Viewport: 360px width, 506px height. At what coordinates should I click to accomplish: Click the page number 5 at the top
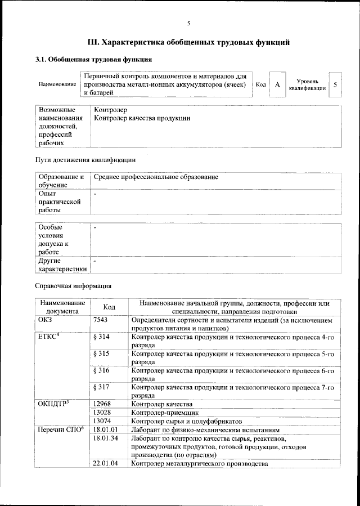pos(188,23)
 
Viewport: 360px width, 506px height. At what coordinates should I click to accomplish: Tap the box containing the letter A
pos(277,84)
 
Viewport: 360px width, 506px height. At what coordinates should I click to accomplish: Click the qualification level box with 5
pos(335,84)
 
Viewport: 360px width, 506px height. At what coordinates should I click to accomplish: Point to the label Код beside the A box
pos(260,84)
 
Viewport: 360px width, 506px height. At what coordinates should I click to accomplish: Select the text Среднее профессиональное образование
pos(156,177)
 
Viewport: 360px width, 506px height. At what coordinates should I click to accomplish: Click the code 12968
pos(103,404)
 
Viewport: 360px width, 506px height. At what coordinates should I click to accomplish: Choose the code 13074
pos(103,420)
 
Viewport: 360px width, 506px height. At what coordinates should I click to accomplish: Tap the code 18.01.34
pos(106,438)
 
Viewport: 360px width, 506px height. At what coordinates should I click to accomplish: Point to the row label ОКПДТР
pos(55,404)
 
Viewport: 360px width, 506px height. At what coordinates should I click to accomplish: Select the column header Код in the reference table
pos(109,307)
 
